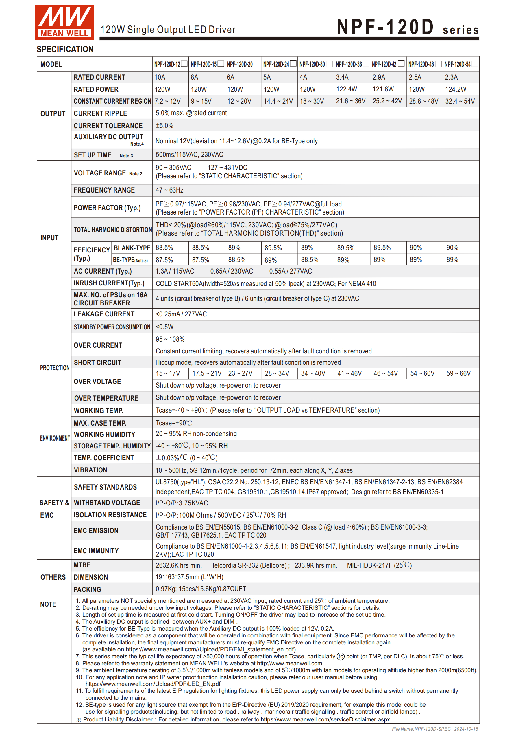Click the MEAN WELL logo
click(64, 22)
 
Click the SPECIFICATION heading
click(65, 49)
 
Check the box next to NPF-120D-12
click(184, 64)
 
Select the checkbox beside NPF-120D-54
click(475, 64)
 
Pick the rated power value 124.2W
click(456, 89)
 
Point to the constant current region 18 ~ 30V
click(312, 101)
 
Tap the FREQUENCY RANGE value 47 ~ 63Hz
click(169, 190)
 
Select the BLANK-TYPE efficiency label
click(132, 248)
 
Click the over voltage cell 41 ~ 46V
click(349, 373)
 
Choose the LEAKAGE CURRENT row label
click(104, 314)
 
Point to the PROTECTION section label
click(55, 368)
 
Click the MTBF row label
click(82, 565)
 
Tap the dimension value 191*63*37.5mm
click(189, 577)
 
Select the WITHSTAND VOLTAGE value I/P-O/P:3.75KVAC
click(182, 503)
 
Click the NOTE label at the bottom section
click(48, 604)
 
